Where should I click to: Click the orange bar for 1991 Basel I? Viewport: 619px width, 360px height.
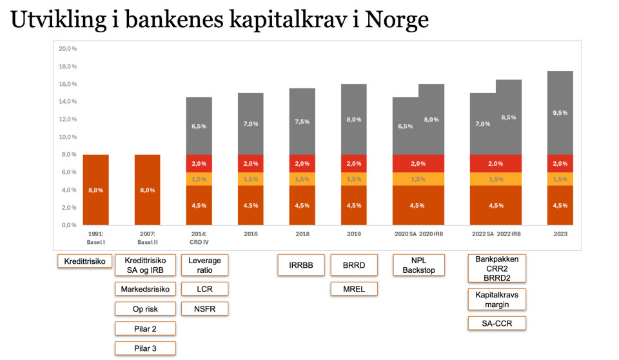coord(95,190)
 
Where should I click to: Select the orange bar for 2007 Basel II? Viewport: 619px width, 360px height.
coord(147,190)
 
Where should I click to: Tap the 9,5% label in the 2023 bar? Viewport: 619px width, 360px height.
coord(560,112)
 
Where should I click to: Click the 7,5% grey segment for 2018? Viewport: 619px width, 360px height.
coord(302,121)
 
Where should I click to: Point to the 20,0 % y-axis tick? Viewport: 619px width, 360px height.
coord(68,48)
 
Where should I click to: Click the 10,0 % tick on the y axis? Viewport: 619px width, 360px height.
coord(68,137)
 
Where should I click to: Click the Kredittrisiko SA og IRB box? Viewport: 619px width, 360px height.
coord(145,265)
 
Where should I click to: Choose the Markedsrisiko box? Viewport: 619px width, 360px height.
coord(145,289)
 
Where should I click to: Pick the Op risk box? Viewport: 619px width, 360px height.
coord(145,309)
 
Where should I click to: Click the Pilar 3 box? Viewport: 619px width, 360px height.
coord(145,348)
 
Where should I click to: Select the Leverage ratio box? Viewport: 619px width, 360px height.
coord(204,265)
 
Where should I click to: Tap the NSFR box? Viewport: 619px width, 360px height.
coord(204,309)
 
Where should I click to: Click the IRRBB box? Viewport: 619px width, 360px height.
coord(300,265)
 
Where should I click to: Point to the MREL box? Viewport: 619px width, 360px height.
coord(354,289)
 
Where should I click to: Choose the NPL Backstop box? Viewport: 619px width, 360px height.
coord(419,265)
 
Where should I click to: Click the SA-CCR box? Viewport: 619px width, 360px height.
coord(496,323)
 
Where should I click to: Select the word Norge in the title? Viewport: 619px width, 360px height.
coord(397,21)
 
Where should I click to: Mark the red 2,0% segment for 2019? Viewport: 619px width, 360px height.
coord(353,163)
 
